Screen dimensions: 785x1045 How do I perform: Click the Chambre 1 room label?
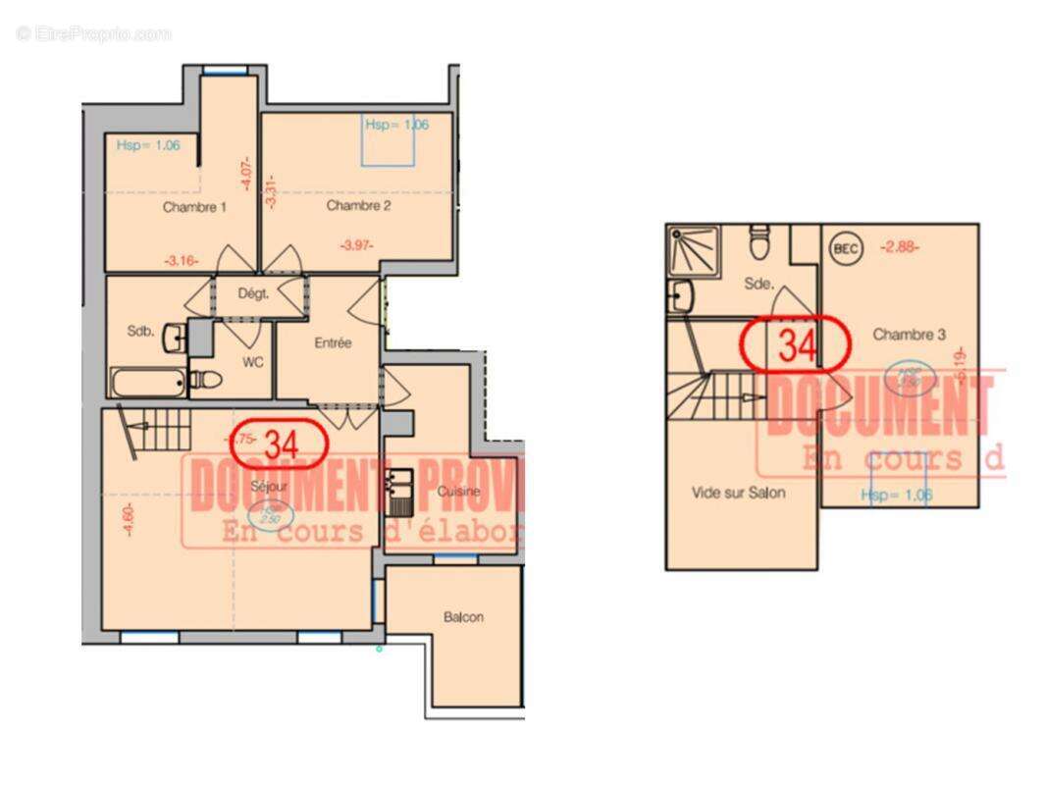pyautogui.click(x=194, y=207)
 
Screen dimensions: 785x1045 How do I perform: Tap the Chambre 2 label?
pyautogui.click(x=358, y=205)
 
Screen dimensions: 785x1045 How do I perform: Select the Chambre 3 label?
pyautogui.click(x=909, y=335)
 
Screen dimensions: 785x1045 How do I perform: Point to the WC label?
pyautogui.click(x=254, y=362)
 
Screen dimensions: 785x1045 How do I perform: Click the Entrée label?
pyautogui.click(x=333, y=343)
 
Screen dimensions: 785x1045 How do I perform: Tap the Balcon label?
pyautogui.click(x=463, y=617)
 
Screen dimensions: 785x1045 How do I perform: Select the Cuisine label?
pyautogui.click(x=458, y=490)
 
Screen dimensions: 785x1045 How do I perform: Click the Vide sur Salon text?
pyautogui.click(x=738, y=493)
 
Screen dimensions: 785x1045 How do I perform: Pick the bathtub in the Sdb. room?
pyautogui.click(x=147, y=384)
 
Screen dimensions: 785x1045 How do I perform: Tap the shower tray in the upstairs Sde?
pyautogui.click(x=693, y=251)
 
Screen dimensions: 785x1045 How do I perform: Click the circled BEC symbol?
pyautogui.click(x=845, y=248)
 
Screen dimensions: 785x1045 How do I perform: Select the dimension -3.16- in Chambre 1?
pyautogui.click(x=182, y=261)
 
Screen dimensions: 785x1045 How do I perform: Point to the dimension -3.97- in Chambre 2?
pyautogui.click(x=356, y=244)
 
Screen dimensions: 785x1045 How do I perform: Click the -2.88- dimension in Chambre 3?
pyautogui.click(x=899, y=247)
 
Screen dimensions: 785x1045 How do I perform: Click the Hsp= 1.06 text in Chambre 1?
pyautogui.click(x=148, y=145)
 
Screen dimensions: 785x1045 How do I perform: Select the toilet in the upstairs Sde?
pyautogui.click(x=758, y=239)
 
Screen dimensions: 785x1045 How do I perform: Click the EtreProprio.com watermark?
pyautogui.click(x=93, y=34)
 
